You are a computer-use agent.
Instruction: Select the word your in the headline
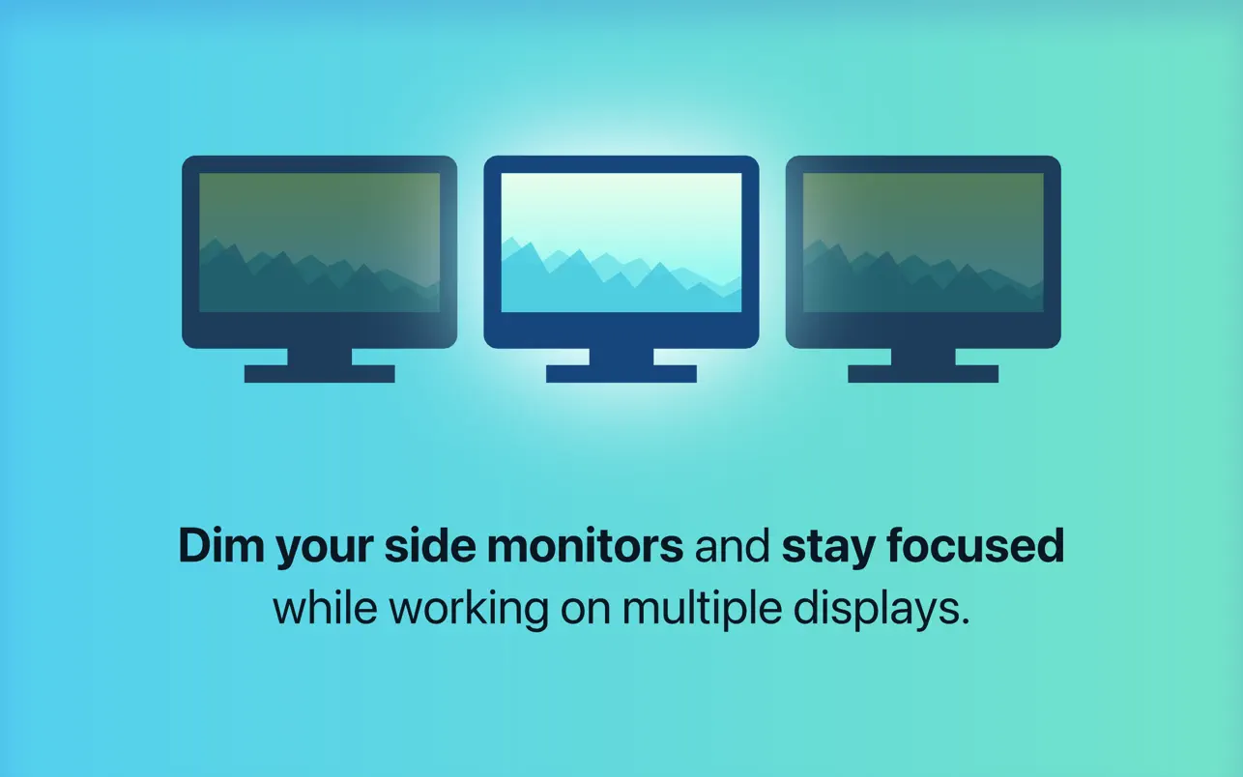click(x=324, y=551)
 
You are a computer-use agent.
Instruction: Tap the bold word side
click(x=430, y=546)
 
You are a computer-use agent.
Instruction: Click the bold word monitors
click(x=586, y=546)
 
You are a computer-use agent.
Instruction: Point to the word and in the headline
click(x=733, y=546)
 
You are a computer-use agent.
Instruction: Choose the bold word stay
click(x=828, y=550)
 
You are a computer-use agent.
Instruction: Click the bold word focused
click(x=975, y=546)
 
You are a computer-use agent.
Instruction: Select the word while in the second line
click(x=325, y=608)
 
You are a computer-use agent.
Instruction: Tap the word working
click(x=469, y=612)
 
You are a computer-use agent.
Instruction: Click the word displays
click(x=882, y=612)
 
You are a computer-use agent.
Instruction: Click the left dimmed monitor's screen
click(x=320, y=243)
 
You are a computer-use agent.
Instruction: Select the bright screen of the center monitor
click(x=621, y=243)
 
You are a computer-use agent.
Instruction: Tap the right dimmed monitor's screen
click(x=923, y=243)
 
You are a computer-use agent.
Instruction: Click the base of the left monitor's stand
click(x=320, y=373)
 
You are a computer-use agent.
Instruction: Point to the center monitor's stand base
click(x=621, y=373)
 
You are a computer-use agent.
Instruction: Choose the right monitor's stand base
click(x=923, y=373)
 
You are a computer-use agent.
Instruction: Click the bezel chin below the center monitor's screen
click(x=621, y=331)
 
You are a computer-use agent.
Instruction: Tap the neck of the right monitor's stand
click(x=923, y=357)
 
